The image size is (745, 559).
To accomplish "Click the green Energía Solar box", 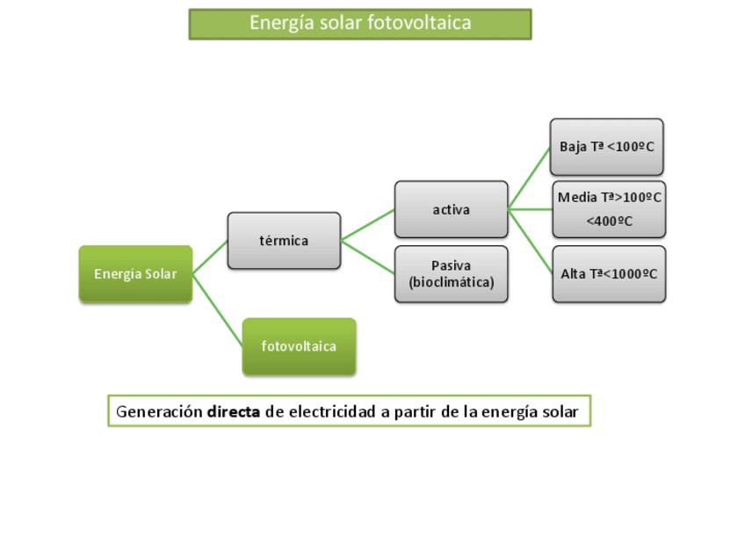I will tap(135, 274).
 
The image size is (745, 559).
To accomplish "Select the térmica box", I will tap(284, 240).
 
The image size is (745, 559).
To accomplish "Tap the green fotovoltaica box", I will tap(299, 346).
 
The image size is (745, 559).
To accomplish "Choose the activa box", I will tap(451, 209).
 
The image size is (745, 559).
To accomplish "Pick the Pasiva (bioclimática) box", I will tap(451, 274).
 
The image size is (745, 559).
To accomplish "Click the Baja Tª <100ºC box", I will tap(606, 147).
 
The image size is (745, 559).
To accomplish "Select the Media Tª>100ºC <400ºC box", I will tap(609, 209).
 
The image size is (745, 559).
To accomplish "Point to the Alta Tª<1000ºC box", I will tap(609, 274).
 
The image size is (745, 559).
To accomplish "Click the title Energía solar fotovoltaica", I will tap(360, 24).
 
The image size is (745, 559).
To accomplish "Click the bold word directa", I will tap(234, 411).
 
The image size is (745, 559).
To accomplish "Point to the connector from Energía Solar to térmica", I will tap(210, 257).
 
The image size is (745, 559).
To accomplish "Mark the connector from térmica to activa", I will tap(368, 224).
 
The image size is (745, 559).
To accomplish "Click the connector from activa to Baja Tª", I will tap(530, 178).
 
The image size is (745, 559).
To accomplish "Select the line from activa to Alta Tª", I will tap(530, 241).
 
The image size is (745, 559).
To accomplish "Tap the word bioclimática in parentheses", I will tap(452, 283).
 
